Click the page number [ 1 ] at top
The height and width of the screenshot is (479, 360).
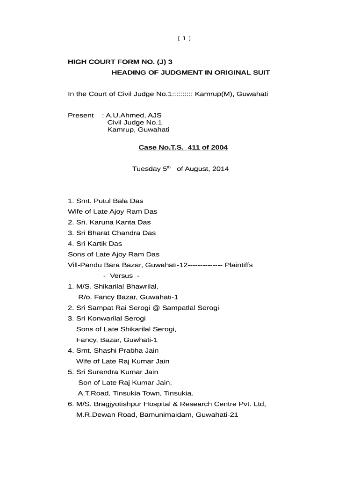184,39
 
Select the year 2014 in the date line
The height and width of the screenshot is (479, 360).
221,169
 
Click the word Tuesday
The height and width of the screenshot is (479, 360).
147,169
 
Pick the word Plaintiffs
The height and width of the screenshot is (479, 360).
238,265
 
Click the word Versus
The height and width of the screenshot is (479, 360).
121,276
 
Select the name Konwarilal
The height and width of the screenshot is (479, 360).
105,319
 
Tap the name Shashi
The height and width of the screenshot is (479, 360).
105,350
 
